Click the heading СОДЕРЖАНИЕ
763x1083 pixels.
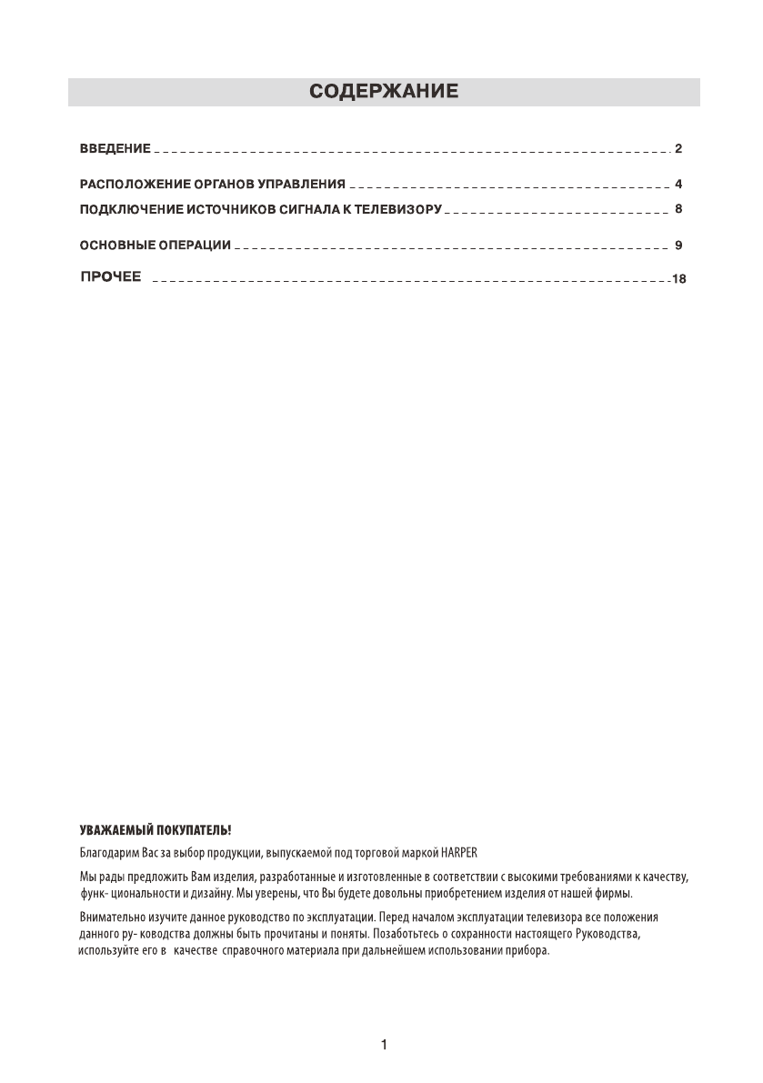point(383,92)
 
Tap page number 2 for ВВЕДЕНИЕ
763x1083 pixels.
point(678,147)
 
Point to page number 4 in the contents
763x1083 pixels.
point(678,185)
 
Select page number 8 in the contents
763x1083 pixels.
point(678,209)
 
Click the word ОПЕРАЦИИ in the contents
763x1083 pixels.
point(199,246)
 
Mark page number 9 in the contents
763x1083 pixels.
point(678,246)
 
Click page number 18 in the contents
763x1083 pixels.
point(678,279)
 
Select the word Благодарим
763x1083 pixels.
point(105,854)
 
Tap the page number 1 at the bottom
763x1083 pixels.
point(384,1046)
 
